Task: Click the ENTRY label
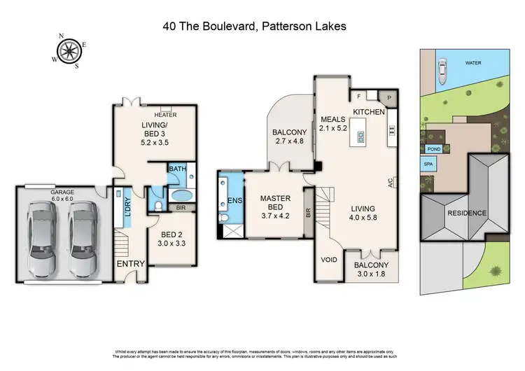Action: [132, 264]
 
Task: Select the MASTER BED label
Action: [275, 203]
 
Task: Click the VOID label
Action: [328, 259]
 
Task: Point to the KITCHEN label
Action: [368, 112]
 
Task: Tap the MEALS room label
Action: [333, 118]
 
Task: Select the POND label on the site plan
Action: [433, 149]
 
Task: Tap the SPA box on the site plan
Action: [428, 164]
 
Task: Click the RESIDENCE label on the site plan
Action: [468, 213]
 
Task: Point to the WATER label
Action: [474, 62]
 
